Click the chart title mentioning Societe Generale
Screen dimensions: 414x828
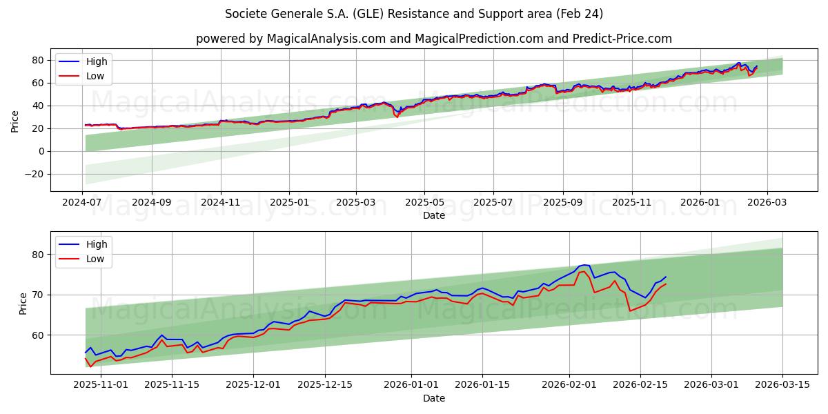click(414, 14)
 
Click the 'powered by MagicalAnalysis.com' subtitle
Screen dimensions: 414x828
click(433, 39)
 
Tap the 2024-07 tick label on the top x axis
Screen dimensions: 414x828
click(83, 203)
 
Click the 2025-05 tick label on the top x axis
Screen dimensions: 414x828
click(424, 203)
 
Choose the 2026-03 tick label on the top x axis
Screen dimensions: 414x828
click(767, 203)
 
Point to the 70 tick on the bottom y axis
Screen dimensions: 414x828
click(39, 295)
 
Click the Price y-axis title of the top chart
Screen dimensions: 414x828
click(15, 121)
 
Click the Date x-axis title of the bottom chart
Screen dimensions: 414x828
click(433, 398)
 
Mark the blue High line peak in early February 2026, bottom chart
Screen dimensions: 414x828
click(584, 265)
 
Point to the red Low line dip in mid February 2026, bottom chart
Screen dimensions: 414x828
click(630, 311)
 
